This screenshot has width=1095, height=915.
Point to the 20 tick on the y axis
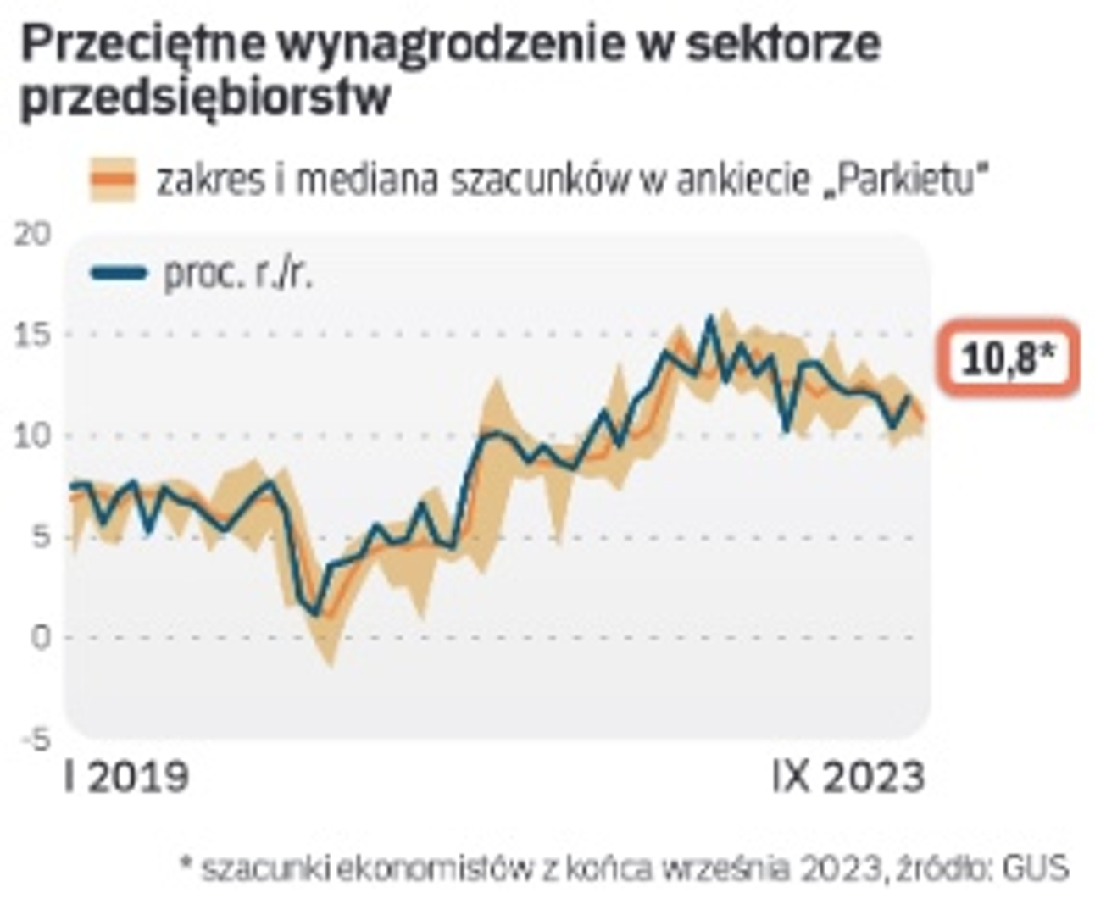click(x=33, y=235)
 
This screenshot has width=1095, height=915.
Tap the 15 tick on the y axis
click(x=33, y=335)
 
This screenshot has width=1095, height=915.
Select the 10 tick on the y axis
click(x=33, y=436)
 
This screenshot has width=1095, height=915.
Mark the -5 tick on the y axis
click(x=35, y=739)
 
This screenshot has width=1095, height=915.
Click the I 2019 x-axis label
click(x=126, y=777)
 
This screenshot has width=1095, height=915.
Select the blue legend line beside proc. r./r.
click(x=119, y=273)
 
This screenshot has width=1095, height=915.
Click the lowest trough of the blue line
click(x=315, y=613)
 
